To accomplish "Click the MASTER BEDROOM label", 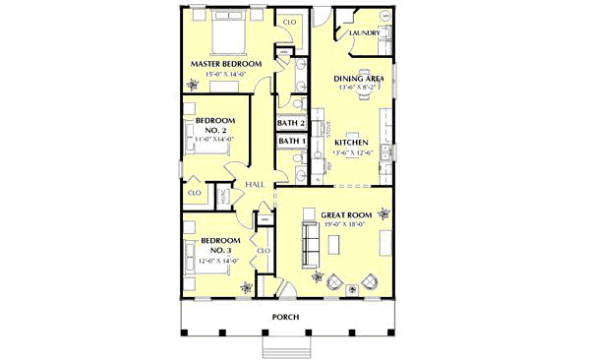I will pos(226,63).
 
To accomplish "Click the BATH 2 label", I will pos(291,124).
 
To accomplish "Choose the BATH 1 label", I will pos(291,142).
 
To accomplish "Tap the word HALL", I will pos(255,184).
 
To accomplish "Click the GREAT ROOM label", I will pos(344,213).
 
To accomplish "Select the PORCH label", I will pos(286,317).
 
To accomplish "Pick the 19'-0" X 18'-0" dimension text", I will pos(344,224).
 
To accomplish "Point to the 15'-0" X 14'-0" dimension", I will pos(226,74).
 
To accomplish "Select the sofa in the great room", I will pos(309,244).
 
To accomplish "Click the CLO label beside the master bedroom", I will pos(290,21).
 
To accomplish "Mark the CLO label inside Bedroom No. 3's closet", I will pos(263,251).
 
